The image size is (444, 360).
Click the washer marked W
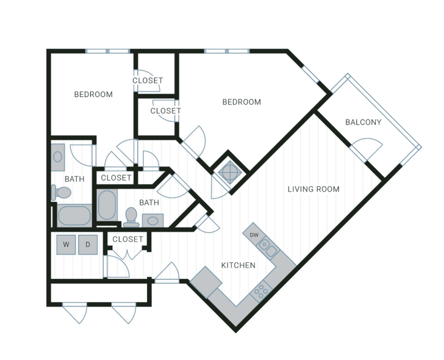[x=66, y=245]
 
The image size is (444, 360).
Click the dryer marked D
[x=88, y=245]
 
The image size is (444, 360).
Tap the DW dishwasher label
[x=254, y=235]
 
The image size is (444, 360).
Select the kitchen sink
[x=268, y=247]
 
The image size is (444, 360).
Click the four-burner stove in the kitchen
[x=261, y=290]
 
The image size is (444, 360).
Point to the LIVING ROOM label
[x=313, y=189]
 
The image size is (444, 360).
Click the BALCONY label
[x=363, y=123]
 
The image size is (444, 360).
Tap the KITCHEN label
[x=238, y=265]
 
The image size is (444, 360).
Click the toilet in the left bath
[x=61, y=192]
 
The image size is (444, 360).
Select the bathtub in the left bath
[x=74, y=215]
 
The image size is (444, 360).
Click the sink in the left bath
[x=58, y=157]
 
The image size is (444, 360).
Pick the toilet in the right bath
[x=131, y=217]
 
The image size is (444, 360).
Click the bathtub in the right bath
[x=107, y=205]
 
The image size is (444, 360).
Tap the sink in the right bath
[x=152, y=221]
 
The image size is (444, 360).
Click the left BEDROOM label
[x=93, y=95]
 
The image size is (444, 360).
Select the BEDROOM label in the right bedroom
[x=242, y=102]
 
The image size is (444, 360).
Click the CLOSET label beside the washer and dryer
[x=127, y=239]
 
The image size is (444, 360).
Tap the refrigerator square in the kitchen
[x=206, y=282]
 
